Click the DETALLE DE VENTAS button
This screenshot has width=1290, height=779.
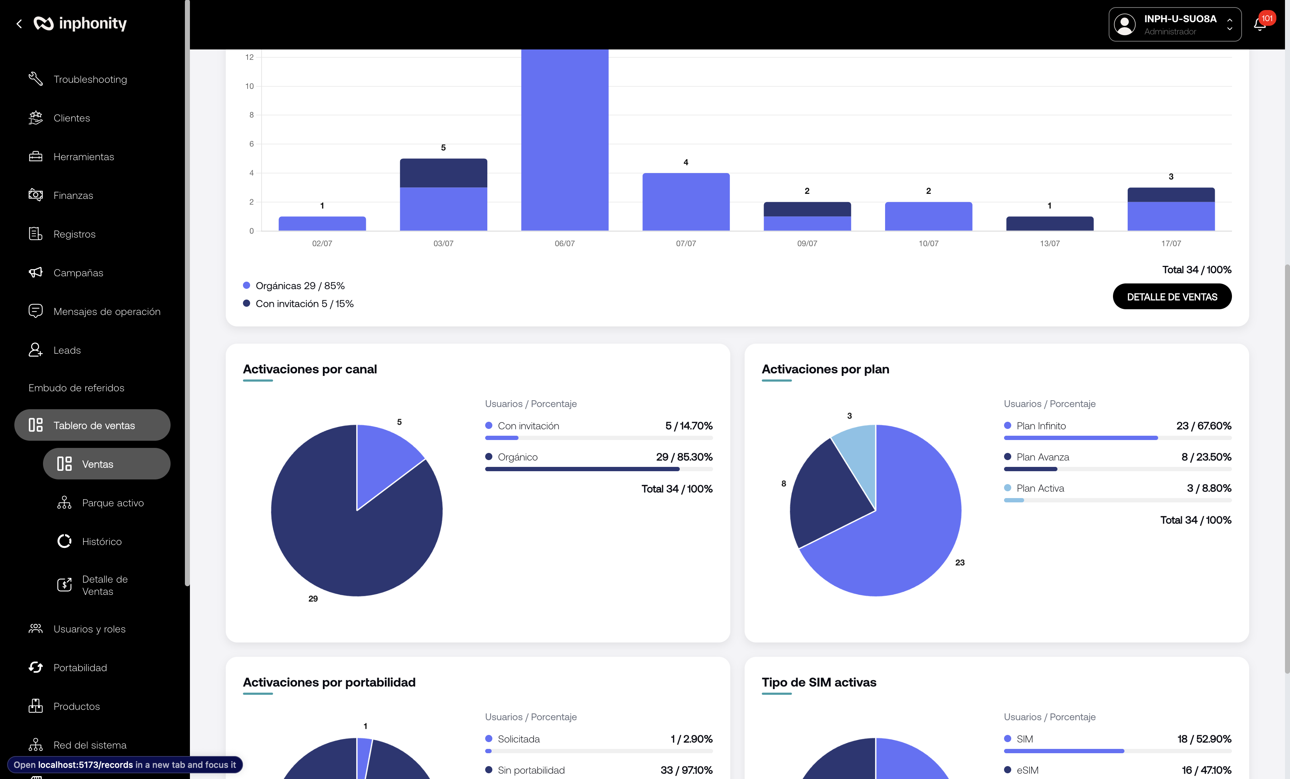click(1172, 296)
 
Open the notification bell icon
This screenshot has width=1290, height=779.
click(1259, 24)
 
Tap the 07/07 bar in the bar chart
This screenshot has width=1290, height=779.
click(686, 201)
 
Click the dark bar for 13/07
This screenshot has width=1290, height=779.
click(1050, 224)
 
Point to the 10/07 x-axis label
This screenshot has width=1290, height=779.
click(928, 243)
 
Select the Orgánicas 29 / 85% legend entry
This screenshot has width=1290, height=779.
click(294, 285)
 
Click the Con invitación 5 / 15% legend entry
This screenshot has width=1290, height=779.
click(298, 304)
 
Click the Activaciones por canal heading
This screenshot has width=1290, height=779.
click(310, 369)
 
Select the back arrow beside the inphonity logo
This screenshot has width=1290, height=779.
click(19, 24)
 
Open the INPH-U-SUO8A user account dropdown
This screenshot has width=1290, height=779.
click(1175, 24)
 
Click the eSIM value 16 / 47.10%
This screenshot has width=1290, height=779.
click(1206, 770)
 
